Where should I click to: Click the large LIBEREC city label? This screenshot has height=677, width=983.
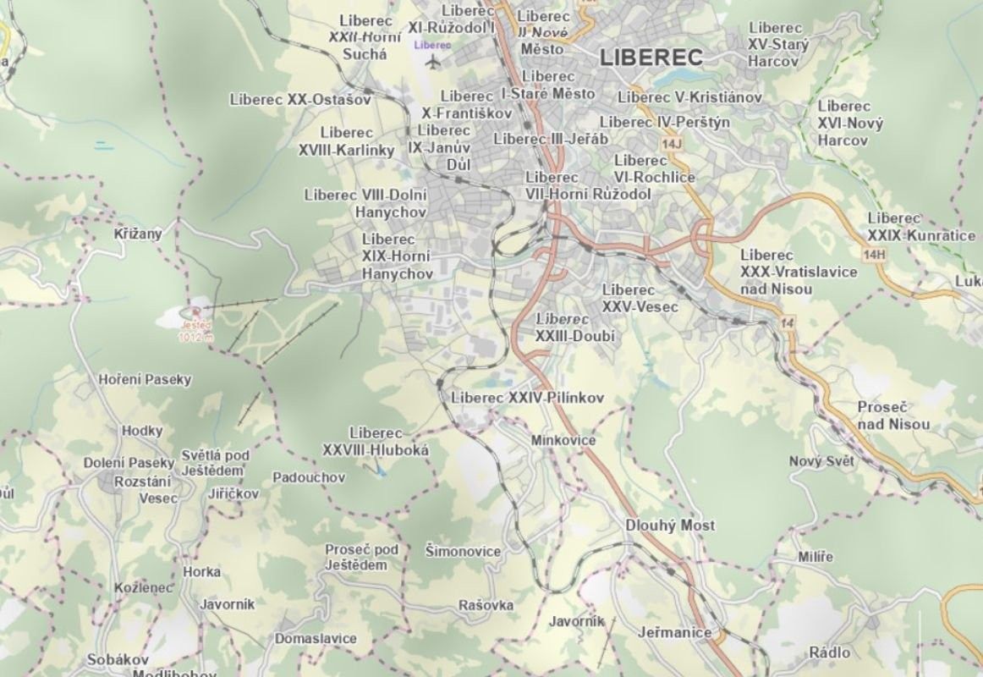(x=651, y=58)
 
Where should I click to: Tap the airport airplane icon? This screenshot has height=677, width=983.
(x=434, y=62)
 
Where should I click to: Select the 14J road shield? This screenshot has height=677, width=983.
(x=673, y=145)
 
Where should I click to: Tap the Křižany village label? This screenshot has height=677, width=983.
(x=138, y=232)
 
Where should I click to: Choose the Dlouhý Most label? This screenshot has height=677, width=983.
(x=670, y=526)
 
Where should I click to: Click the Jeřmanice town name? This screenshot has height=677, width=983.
(x=674, y=632)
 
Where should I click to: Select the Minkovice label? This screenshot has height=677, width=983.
(x=563, y=440)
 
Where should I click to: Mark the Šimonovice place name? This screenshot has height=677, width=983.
(x=463, y=552)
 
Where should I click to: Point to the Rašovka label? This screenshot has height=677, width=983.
(x=486, y=605)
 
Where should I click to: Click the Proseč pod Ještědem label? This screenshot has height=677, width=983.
(x=361, y=558)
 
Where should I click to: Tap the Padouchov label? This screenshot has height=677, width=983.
(x=309, y=477)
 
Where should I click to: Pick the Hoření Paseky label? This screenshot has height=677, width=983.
(x=146, y=379)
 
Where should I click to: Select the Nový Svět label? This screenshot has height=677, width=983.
(x=821, y=461)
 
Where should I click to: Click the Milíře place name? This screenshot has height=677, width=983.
(x=816, y=557)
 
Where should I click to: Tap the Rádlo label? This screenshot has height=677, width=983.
(x=829, y=652)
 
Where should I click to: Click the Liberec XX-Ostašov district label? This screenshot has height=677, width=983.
(x=300, y=100)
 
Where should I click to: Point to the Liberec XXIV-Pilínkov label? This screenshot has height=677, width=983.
(x=528, y=398)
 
